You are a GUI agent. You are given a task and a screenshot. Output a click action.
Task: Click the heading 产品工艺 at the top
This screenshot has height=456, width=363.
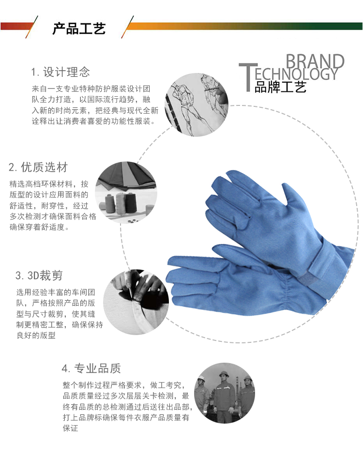pos(79,28)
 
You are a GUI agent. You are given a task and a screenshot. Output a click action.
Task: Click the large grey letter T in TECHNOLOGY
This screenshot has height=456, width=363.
pos(248,77)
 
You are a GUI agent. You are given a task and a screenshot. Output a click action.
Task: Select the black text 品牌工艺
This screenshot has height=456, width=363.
pos(280,87)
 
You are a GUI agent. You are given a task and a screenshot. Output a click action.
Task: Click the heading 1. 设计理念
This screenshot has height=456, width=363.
pos(60,72)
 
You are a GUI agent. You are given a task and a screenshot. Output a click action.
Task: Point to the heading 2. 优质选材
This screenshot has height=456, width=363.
pos(38,167)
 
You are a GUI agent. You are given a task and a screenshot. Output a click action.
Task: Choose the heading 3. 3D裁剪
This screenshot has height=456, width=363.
pos(39,275)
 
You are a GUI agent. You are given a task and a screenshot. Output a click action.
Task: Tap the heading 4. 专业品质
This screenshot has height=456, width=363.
pos(91,368)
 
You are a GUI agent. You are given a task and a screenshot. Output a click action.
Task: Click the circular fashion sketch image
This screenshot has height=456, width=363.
pos(197,105)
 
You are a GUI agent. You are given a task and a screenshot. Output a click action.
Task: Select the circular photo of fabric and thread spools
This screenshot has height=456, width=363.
pos(126,193)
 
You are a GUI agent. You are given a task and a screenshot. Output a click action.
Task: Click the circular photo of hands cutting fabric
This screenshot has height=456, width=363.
pos(136,302)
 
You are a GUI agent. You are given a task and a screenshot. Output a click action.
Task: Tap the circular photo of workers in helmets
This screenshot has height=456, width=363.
pos(225,393)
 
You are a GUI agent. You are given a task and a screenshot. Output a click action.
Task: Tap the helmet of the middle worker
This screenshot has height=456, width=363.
pos(224,374)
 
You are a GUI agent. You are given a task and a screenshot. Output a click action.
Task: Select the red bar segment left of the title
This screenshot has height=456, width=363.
pos(16,26)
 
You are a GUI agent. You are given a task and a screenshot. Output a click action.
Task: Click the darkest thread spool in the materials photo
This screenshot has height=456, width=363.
pos(130,202)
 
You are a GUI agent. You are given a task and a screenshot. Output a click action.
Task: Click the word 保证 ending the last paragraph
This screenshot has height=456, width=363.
pos(71,428)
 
